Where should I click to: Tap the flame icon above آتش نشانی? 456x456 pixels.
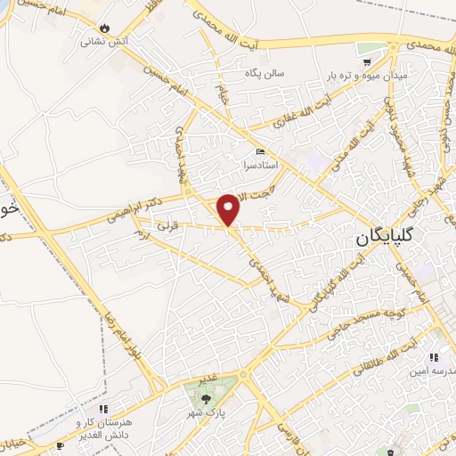(105, 28)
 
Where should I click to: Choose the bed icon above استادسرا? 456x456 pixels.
(260, 151)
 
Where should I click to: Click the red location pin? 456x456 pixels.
(230, 208)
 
